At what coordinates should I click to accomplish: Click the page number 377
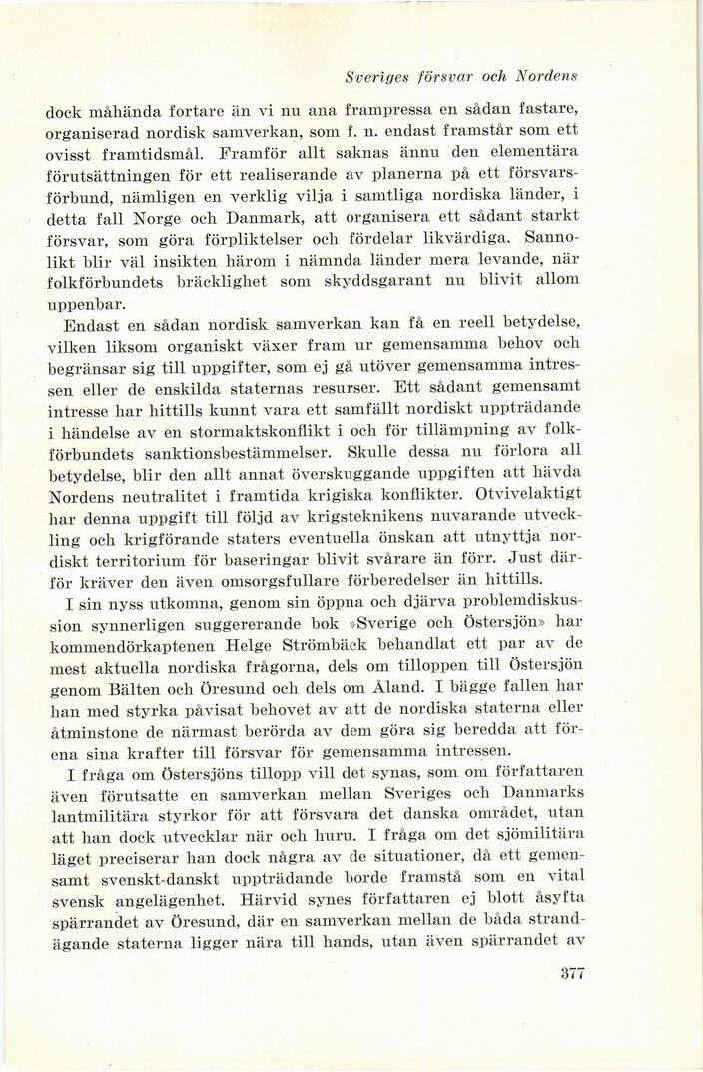point(566,1003)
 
